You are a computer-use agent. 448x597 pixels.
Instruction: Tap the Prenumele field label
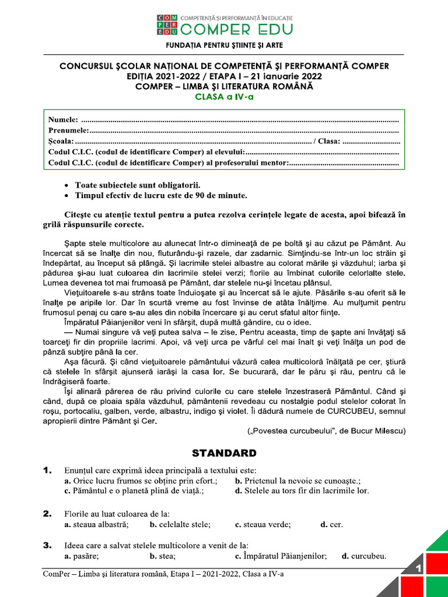click(69, 131)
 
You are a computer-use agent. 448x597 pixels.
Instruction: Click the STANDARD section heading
click(224, 453)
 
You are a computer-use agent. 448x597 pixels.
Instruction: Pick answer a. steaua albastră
click(97, 525)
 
